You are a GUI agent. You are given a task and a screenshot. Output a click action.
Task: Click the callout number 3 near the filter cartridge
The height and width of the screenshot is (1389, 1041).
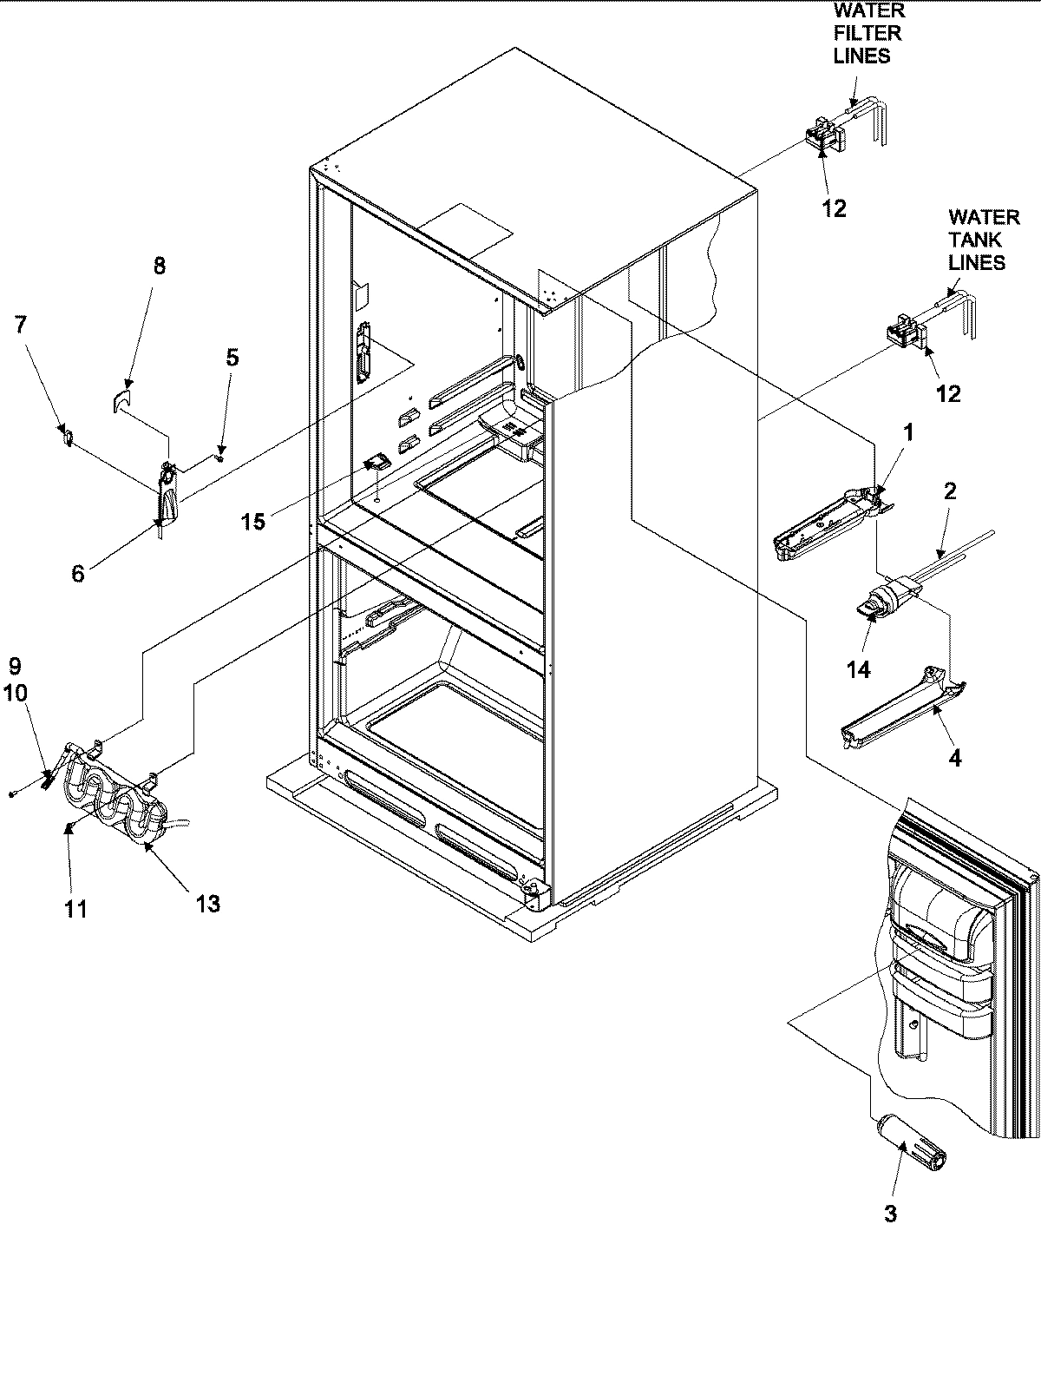(x=890, y=1213)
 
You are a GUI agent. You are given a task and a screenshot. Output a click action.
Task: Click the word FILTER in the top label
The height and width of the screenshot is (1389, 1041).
(x=867, y=33)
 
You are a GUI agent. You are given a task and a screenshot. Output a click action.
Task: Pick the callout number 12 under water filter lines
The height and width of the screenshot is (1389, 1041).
(x=834, y=208)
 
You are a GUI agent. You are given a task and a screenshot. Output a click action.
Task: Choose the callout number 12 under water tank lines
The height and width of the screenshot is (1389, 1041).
(x=948, y=393)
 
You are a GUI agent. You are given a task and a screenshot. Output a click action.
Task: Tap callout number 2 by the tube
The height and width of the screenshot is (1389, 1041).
(x=950, y=490)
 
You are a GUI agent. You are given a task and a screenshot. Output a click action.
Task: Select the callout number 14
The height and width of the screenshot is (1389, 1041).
(x=859, y=670)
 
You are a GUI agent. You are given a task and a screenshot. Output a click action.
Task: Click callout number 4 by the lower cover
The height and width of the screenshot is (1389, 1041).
(x=954, y=758)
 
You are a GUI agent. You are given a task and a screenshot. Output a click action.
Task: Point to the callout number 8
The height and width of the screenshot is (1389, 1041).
(x=159, y=266)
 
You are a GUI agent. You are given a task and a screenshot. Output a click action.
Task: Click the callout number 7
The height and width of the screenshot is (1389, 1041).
(x=21, y=325)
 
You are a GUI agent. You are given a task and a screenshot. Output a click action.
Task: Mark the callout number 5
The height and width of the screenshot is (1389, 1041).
(x=232, y=357)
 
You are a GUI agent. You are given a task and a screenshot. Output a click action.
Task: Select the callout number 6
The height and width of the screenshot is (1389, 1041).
(x=78, y=574)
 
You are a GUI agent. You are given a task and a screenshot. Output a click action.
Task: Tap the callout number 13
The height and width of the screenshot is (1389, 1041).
(x=207, y=904)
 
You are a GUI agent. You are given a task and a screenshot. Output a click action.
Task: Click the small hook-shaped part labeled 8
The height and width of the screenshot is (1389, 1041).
(x=121, y=401)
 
